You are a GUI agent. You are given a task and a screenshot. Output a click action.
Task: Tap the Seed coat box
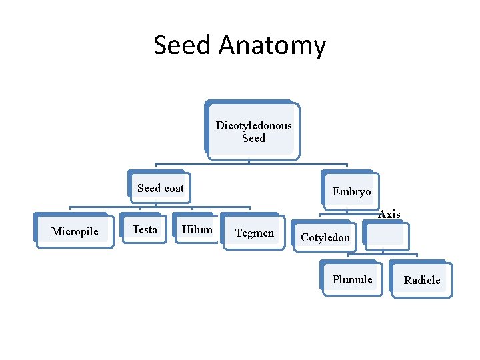160,188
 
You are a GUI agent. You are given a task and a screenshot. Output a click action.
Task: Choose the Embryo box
351,191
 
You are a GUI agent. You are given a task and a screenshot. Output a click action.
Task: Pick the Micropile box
74,231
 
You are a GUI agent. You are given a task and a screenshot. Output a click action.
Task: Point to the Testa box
145,229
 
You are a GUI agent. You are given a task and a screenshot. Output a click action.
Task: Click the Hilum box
197,229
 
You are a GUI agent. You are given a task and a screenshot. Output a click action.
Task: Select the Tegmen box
254,233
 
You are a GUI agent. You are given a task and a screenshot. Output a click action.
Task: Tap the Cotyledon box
325,237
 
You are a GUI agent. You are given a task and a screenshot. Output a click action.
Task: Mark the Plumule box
352,279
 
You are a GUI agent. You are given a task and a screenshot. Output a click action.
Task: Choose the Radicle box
422,280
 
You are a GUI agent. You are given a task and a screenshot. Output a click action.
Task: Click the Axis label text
389,214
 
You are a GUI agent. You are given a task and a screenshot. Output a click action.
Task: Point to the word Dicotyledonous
253,125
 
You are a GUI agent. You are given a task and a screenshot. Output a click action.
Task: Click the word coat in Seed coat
174,188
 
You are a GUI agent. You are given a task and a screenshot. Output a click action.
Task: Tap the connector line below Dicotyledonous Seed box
249,162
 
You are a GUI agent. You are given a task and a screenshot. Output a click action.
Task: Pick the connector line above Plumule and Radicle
383,254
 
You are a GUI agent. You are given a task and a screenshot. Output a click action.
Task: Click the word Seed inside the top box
253,138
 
